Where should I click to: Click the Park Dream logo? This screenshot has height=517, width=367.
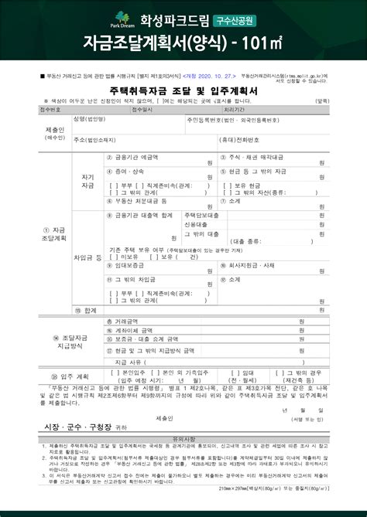coord(122,19)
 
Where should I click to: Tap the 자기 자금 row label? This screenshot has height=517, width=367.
coord(87,182)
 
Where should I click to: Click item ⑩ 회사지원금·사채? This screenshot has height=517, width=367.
coord(255,264)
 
